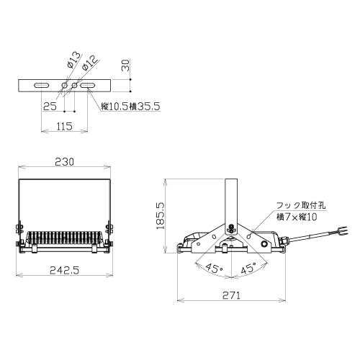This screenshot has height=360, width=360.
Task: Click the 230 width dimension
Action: coord(64,162)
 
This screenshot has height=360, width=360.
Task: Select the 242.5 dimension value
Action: coord(64,271)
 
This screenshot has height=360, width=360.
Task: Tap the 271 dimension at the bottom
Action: coord(231,295)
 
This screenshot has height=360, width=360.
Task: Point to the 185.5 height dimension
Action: coord(160,215)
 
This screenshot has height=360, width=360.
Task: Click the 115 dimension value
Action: coord(64,126)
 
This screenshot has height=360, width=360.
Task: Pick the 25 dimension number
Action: coord(50,107)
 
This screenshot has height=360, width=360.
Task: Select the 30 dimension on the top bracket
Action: coord(125,66)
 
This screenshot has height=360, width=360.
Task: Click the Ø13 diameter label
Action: coord(73,60)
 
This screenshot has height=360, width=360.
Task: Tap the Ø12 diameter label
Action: coord(90,63)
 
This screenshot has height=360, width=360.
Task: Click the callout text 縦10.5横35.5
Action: coord(130,107)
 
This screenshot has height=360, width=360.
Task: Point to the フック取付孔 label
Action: coord(301,205)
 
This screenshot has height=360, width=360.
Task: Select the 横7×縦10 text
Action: coord(297,217)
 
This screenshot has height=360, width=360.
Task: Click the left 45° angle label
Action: coord(215,268)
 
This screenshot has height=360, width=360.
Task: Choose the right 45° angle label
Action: coord(248,268)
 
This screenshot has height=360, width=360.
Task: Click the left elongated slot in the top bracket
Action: coord(42,86)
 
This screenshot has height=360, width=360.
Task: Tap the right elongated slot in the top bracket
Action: coord(87,86)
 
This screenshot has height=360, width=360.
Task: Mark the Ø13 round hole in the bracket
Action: coord(64,85)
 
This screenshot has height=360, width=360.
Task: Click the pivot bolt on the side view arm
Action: coord(231,228)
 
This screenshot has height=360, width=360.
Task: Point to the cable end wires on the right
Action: coord(343,231)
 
